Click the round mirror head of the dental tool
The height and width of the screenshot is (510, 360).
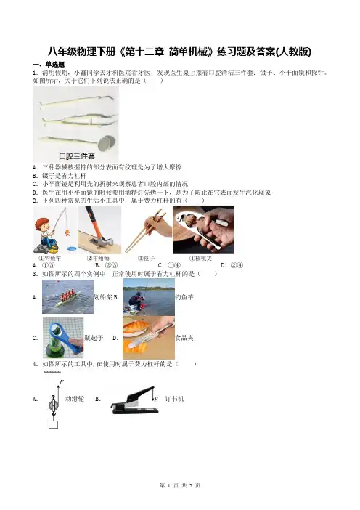[x=107, y=142]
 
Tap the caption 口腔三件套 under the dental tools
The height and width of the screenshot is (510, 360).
[x=77, y=156]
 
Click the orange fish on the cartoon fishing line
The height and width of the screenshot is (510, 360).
[x=67, y=232]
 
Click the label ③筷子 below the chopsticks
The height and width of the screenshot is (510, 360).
[x=146, y=258]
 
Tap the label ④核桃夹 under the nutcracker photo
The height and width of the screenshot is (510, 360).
[x=200, y=258]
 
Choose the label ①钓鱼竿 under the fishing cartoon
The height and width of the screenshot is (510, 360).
[x=49, y=258]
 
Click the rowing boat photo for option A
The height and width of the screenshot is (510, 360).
[x=67, y=296]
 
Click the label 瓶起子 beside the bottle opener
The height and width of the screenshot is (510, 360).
[x=94, y=338]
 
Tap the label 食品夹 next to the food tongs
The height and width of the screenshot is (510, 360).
[x=184, y=338]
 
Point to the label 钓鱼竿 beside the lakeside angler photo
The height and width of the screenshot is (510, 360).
[x=184, y=297]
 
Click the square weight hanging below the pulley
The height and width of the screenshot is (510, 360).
[x=53, y=424]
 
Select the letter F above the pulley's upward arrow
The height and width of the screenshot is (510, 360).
[x=62, y=382]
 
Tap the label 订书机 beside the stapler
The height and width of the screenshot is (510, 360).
[x=174, y=399]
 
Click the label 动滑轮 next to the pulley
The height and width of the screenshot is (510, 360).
[x=75, y=399]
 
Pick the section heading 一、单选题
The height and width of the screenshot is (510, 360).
[x=49, y=65]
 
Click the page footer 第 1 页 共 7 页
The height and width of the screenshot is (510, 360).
[x=180, y=485]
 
